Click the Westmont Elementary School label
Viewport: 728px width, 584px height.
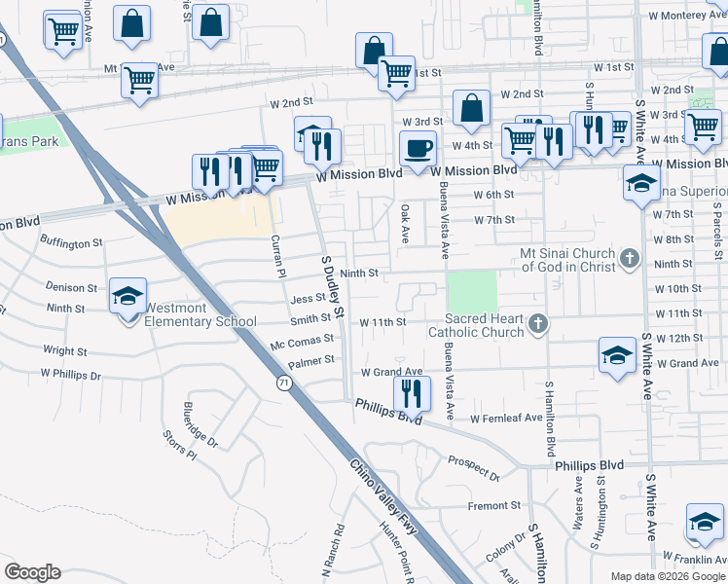click(x=200, y=314)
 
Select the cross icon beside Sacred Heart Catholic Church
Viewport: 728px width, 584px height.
click(x=536, y=321)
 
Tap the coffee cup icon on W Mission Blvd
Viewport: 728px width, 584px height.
click(x=418, y=148)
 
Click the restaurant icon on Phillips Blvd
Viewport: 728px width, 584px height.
click(x=411, y=393)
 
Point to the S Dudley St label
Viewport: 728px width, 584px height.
click(x=334, y=284)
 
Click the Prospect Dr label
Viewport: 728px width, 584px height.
click(x=473, y=468)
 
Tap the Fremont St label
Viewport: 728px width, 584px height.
click(x=494, y=506)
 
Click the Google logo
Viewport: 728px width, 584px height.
click(x=32, y=572)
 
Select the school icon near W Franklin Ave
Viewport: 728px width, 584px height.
click(x=703, y=523)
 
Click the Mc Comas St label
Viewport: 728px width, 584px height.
click(x=302, y=345)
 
